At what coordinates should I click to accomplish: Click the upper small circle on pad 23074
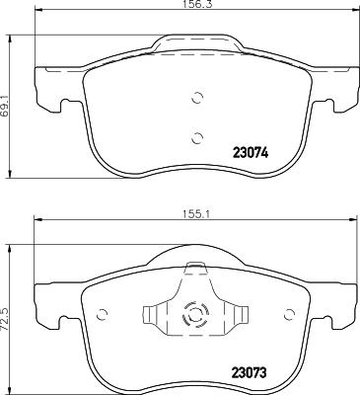pyautogui.click(x=196, y=98)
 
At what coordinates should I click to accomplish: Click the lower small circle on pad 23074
pyautogui.click(x=196, y=136)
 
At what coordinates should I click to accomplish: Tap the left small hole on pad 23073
pyautogui.click(x=103, y=314)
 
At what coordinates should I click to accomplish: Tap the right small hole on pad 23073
pyautogui.click(x=288, y=314)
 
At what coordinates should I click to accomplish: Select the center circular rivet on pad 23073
pyautogui.click(x=195, y=315)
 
